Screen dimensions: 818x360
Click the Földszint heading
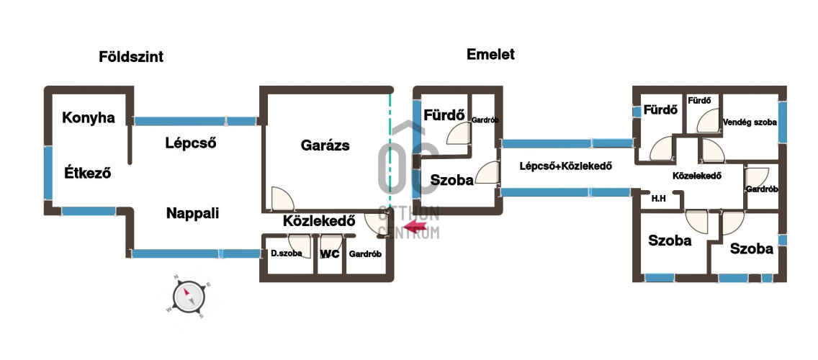click(x=131, y=57)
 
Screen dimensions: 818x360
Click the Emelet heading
click(x=490, y=54)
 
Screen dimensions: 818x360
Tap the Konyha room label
click(x=88, y=118)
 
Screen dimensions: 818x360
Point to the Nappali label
click(x=192, y=213)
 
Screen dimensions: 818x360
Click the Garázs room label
click(x=325, y=145)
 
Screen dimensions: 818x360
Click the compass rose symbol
click(x=189, y=297)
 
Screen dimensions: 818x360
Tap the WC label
click(x=330, y=254)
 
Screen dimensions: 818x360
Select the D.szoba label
click(x=287, y=254)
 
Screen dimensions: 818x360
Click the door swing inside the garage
click(x=282, y=198)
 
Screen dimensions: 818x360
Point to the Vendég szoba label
click(x=750, y=122)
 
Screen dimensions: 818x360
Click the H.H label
click(x=658, y=198)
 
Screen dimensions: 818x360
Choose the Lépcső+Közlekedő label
click(x=565, y=166)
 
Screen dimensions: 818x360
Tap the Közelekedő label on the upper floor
click(x=697, y=176)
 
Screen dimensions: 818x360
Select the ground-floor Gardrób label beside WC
click(x=365, y=255)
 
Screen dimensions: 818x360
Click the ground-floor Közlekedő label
click(x=319, y=221)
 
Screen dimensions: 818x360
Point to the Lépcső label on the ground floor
click(x=191, y=143)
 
